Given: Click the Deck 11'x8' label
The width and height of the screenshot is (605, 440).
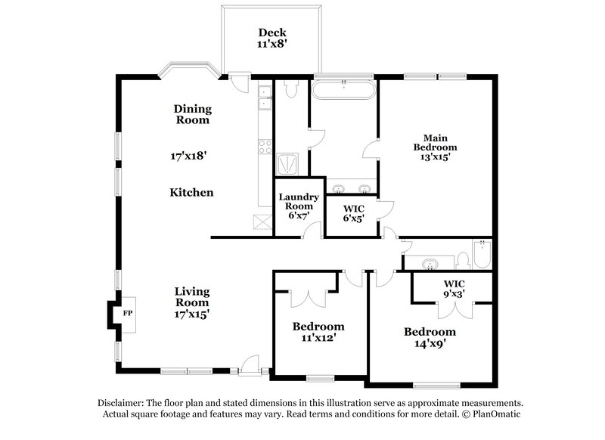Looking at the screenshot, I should coord(272,39).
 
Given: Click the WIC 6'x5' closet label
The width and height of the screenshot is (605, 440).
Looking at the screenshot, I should coord(354,213).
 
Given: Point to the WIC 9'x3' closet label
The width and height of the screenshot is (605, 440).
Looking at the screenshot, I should coord(454,289).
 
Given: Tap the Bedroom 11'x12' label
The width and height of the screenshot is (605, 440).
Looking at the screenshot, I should coord(318,332).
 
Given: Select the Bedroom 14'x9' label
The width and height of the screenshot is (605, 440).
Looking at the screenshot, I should coord(430,337).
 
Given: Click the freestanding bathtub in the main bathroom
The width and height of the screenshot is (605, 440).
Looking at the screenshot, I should coord(344,90).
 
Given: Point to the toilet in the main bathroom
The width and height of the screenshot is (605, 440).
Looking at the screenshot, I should coord(291,88).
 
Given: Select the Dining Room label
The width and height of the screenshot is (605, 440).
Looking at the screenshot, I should coord(193,114).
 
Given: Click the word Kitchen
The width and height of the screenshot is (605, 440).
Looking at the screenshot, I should coord(191,193).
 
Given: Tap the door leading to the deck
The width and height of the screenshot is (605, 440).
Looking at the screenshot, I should coord(240,80).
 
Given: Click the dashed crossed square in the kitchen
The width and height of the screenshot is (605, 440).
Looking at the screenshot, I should coord(262,223).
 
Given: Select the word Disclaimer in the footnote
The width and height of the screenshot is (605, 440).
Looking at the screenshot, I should coord(123,403).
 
